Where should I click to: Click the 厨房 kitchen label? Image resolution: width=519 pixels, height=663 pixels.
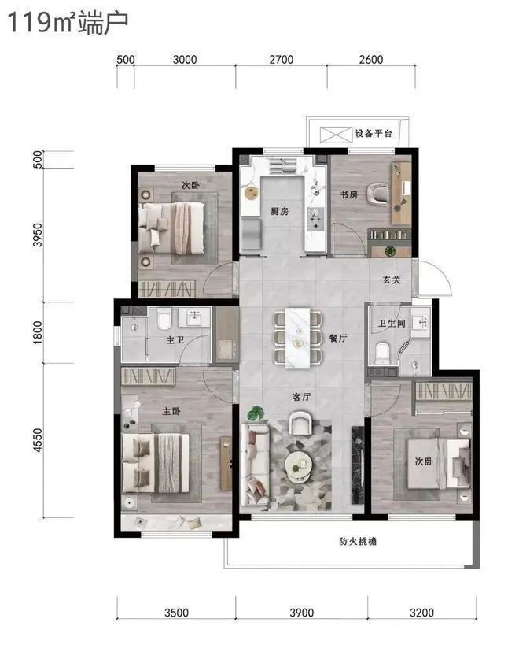coord(279,211)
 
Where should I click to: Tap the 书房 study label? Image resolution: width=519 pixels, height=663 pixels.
coord(349,194)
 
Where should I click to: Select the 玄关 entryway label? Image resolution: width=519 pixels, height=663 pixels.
coord(392,280)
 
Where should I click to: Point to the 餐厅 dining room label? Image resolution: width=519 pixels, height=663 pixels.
coord(338,338)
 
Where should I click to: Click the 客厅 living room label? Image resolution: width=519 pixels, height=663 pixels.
coord(301,397)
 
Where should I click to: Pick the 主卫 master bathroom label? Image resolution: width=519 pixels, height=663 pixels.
coord(175,339)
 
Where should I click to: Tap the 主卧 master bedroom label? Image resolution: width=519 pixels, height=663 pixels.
coord(171,411)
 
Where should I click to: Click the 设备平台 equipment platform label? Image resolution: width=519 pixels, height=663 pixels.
coord(374,134)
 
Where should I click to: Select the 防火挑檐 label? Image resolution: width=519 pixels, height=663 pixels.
coord(358,541)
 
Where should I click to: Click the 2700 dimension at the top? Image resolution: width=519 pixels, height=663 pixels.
coord(282,60)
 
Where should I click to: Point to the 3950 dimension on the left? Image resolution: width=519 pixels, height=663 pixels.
coord(38,235)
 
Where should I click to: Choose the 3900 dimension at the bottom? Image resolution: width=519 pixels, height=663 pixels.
coord(301,613)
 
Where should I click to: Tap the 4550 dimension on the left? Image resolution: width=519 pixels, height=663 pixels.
coord(38,440)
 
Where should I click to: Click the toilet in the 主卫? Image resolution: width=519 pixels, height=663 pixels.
coord(164,319)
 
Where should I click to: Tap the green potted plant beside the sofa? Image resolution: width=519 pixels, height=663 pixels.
coord(255,413)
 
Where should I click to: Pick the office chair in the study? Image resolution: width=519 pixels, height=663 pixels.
coord(377,194)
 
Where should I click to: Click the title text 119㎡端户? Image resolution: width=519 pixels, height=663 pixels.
coord(68,23)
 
